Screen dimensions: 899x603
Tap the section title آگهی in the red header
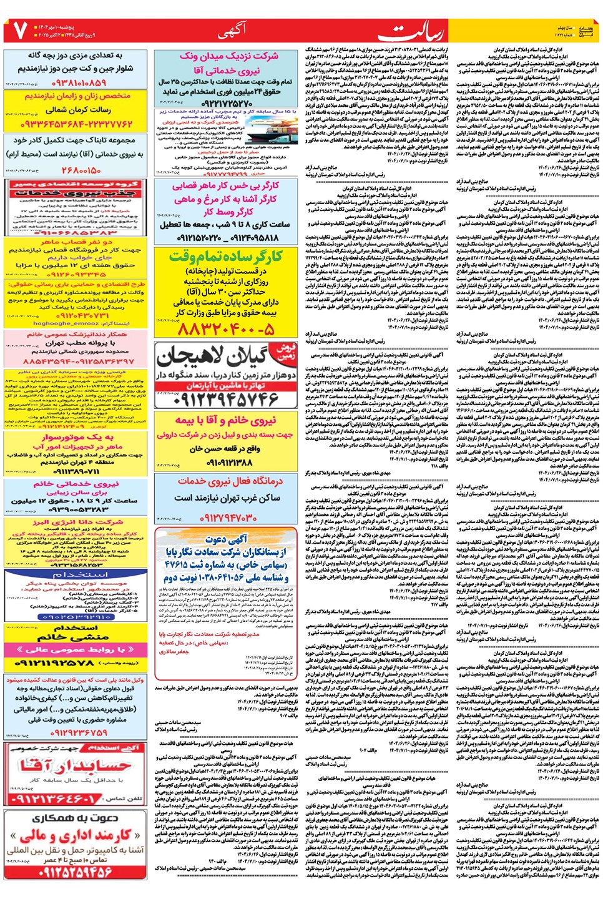[233, 29]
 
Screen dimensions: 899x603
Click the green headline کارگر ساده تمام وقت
[226, 256]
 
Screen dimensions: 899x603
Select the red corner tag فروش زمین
[285, 351]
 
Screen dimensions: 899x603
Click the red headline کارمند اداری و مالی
[76, 835]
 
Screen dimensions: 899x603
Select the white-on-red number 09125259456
[76, 872]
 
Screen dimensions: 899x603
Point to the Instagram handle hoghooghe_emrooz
[66, 323]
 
